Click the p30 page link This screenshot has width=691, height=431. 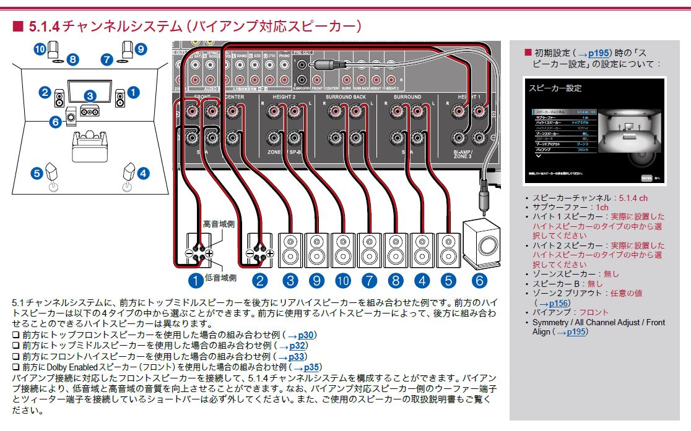[305, 335]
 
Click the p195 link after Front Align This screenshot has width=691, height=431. [572, 332]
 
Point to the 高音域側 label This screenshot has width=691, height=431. [219, 222]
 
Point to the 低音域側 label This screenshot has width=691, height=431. [220, 278]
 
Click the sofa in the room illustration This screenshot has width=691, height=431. [90, 145]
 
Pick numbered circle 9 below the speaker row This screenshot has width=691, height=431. [317, 281]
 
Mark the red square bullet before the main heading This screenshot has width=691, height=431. [17, 27]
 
